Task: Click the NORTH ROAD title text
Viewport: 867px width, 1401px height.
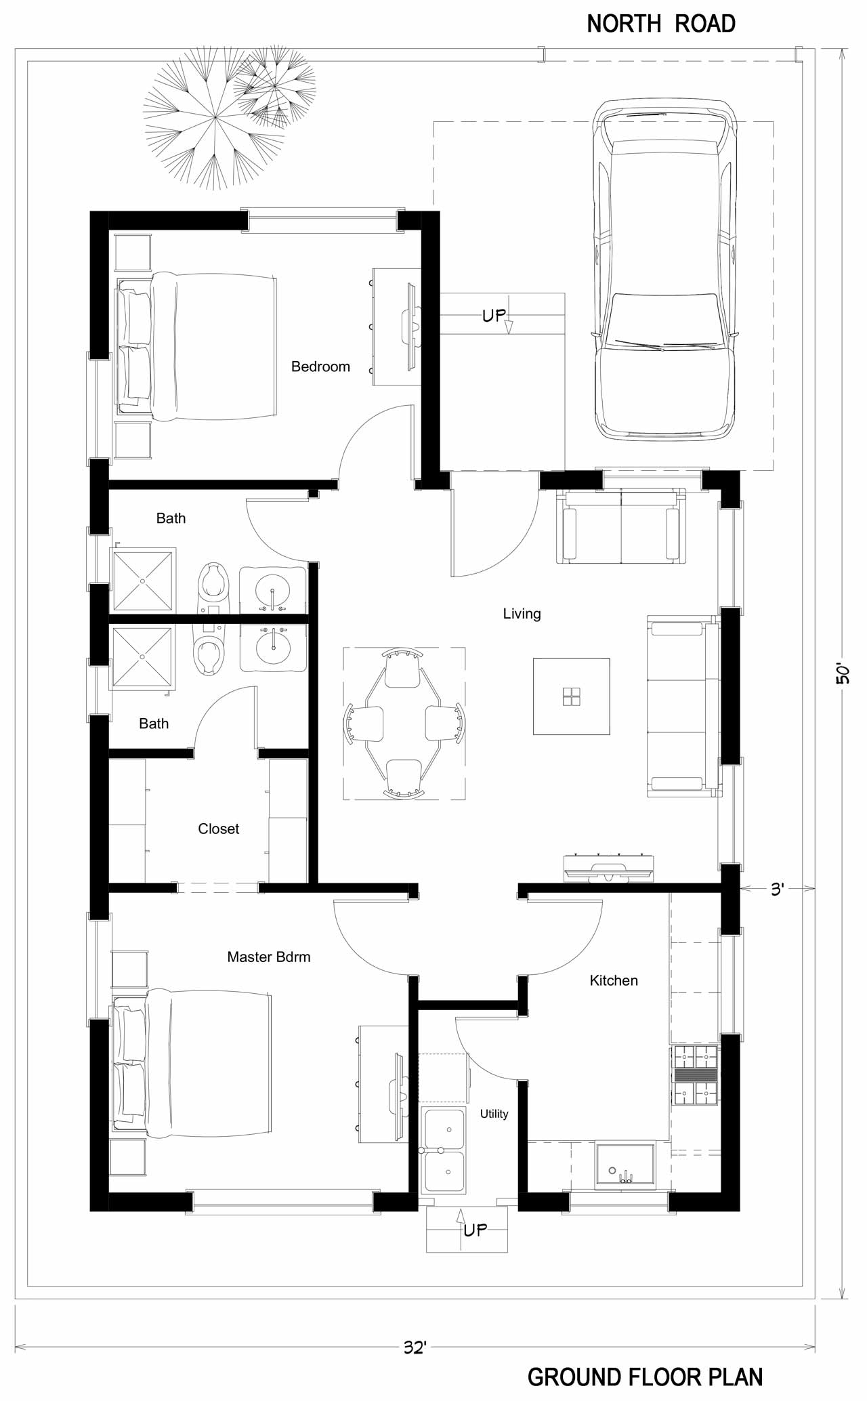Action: click(660, 24)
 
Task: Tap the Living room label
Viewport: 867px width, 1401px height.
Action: click(522, 614)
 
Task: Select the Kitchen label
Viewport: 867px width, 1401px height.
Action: click(613, 980)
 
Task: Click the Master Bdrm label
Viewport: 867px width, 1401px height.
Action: click(269, 957)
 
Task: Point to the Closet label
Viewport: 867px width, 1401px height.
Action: click(218, 829)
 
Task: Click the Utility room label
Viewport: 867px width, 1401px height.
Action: click(494, 1114)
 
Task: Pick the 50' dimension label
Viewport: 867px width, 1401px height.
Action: click(842, 673)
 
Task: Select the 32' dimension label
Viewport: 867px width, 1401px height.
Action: click(415, 1347)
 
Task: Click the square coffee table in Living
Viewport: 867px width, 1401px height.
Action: click(571, 696)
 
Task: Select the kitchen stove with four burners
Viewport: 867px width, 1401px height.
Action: click(695, 1076)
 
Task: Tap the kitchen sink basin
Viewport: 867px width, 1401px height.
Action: click(625, 1166)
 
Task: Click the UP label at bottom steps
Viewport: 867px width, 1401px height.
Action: click(475, 1230)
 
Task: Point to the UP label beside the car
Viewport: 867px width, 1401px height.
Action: click(494, 315)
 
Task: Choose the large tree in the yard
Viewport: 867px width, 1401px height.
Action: click(214, 119)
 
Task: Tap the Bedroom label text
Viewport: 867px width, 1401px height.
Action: click(320, 367)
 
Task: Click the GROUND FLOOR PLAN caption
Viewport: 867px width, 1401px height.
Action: click(644, 1377)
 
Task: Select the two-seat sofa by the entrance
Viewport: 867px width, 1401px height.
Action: click(620, 526)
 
